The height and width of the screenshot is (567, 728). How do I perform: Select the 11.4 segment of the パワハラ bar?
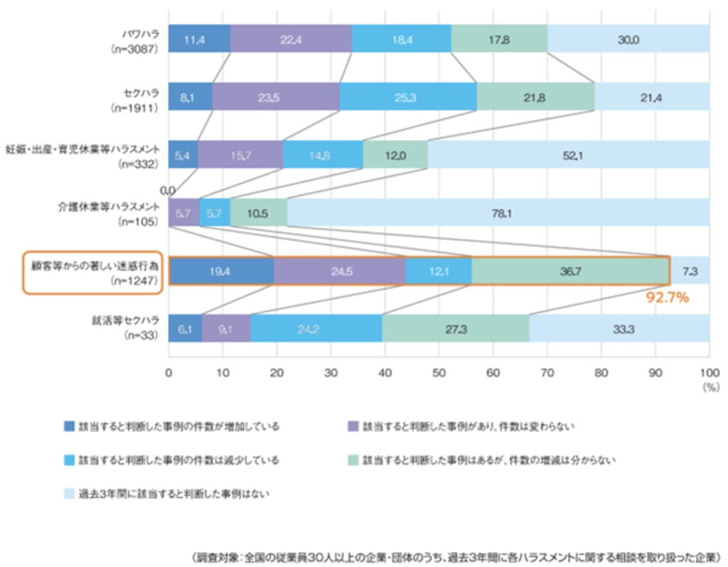point(199,39)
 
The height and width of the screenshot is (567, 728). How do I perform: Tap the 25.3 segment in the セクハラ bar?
point(408,97)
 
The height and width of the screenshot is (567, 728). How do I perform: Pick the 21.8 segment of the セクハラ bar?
point(535,97)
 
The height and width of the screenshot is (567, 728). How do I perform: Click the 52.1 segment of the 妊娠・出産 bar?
point(568,154)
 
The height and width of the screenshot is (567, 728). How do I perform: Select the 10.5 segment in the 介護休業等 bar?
point(258,212)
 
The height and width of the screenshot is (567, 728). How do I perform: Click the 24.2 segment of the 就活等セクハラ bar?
point(316,328)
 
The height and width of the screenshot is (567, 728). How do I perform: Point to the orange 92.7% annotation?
point(667,298)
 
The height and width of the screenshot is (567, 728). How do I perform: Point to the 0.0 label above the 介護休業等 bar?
point(168,190)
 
